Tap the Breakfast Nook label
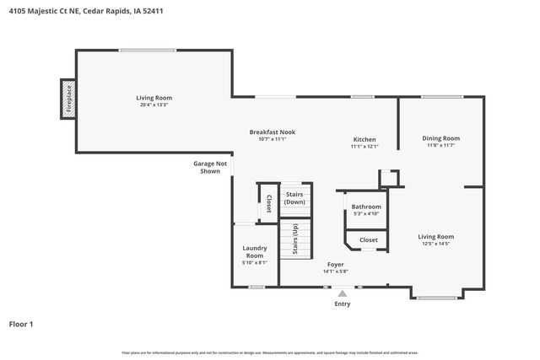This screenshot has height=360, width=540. pyautogui.click(x=272, y=132)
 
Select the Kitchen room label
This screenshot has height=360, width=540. pyautogui.click(x=364, y=139)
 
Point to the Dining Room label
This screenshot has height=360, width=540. pyautogui.click(x=440, y=138)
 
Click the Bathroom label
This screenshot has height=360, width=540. pyautogui.click(x=366, y=207)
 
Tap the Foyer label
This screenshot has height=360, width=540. pyautogui.click(x=335, y=264)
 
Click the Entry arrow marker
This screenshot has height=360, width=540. pyautogui.click(x=342, y=293)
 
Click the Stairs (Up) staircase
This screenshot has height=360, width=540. pyautogui.click(x=295, y=239)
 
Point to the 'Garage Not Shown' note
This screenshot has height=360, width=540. pyautogui.click(x=210, y=167)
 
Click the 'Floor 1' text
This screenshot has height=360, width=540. pyautogui.click(x=21, y=324)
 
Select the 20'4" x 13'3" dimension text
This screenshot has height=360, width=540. pyautogui.click(x=154, y=105)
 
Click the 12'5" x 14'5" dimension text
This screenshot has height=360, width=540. pyautogui.click(x=436, y=244)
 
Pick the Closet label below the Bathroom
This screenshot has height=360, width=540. pyautogui.click(x=369, y=239)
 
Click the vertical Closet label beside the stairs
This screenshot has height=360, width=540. pyautogui.click(x=268, y=203)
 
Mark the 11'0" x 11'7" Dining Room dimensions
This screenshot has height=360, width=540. pyautogui.click(x=440, y=146)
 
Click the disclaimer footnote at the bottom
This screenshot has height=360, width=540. pyautogui.click(x=270, y=352)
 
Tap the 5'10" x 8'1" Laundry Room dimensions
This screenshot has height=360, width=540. pyautogui.click(x=255, y=262)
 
